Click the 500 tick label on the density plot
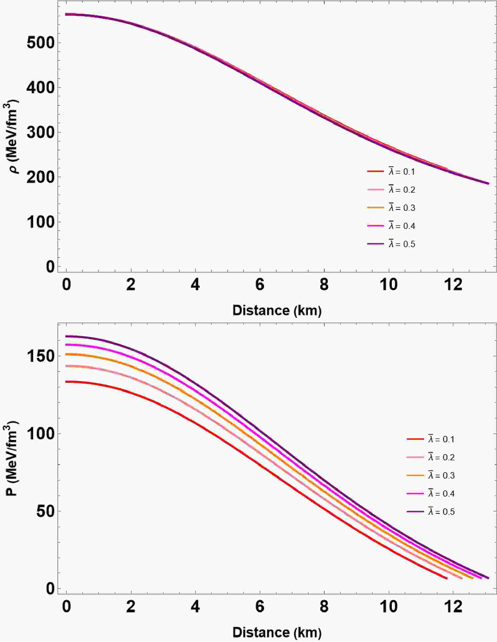point(41,43)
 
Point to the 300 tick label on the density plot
point(41,133)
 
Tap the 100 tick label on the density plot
point(41,222)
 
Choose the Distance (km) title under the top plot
point(277,310)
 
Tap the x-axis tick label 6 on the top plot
point(260,285)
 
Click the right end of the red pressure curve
point(447,578)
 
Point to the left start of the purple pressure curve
point(66,336)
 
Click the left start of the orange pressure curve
point(66,354)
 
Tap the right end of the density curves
point(488,184)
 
